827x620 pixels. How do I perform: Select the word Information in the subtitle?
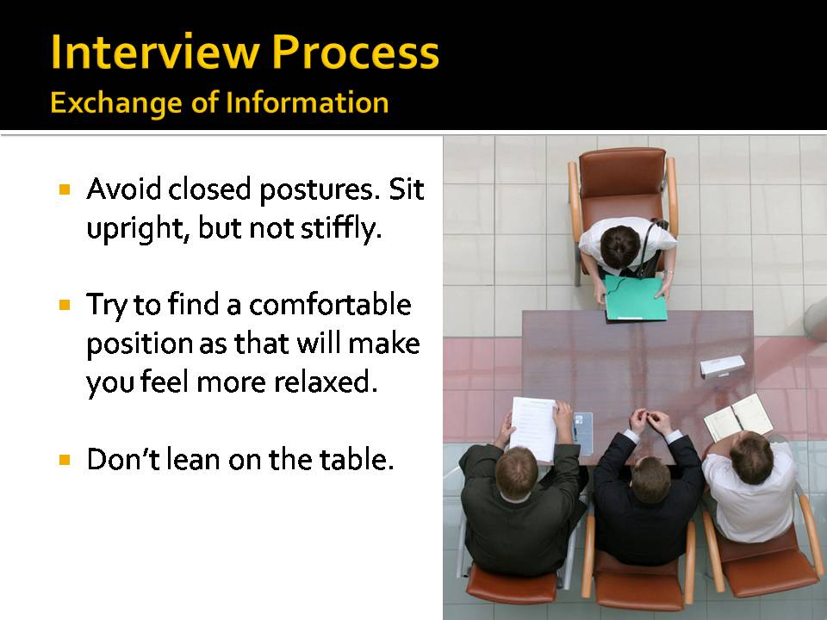[307, 103]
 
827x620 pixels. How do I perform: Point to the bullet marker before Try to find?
[64, 305]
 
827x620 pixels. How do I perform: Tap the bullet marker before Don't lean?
[64, 460]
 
